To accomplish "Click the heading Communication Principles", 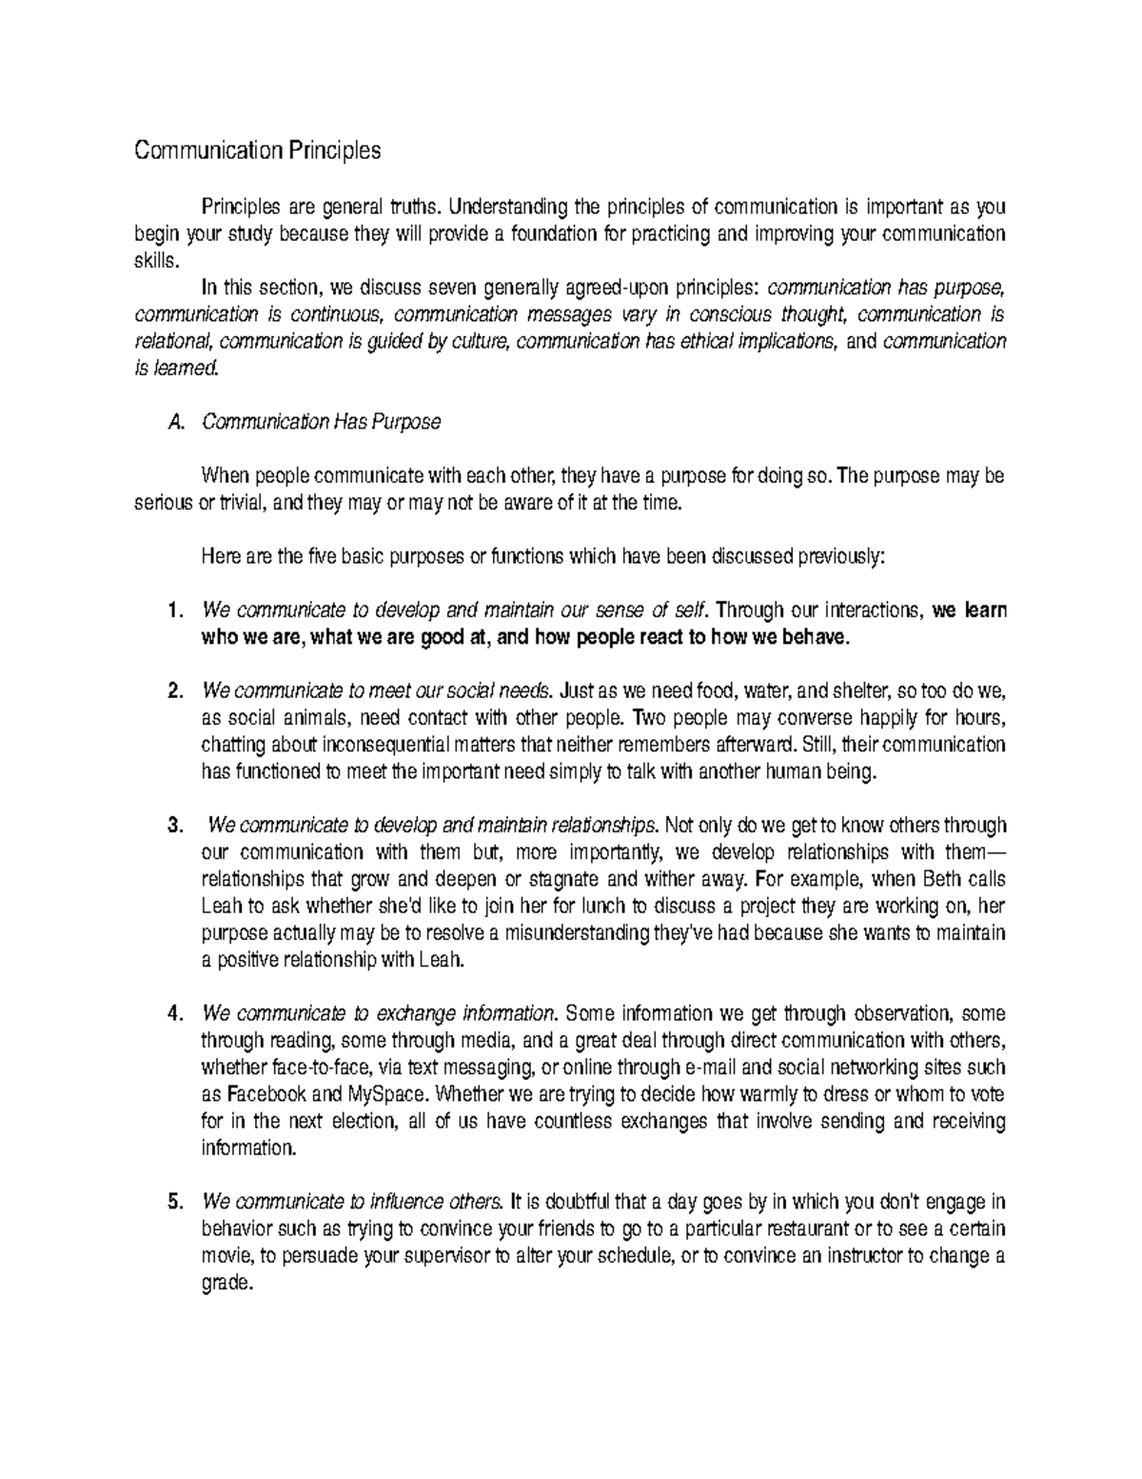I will (257, 150).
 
